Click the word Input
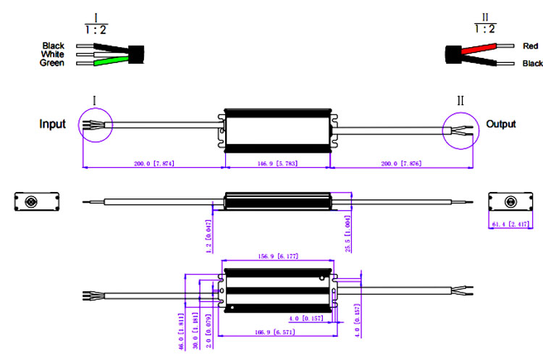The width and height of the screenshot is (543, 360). pos(52,125)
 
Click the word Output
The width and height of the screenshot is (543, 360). pos(501,124)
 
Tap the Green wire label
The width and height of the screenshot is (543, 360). pos(51,64)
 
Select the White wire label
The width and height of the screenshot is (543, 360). pos(53,54)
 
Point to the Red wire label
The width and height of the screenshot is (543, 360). pos(531,46)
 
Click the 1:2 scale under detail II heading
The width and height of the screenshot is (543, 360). pos(485,29)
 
